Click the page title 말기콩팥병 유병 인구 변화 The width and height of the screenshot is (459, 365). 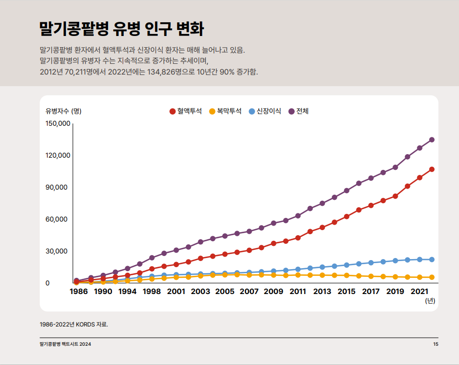[121, 29]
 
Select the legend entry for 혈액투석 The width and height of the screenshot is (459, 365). [186, 111]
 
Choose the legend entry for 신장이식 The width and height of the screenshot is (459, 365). [265, 111]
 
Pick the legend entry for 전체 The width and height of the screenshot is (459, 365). [299, 111]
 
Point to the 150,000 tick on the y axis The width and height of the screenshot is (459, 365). [57, 123]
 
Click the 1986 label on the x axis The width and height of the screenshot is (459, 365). [79, 291]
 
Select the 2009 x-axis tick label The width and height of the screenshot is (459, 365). [273, 291]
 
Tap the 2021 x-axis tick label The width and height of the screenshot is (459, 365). [419, 291]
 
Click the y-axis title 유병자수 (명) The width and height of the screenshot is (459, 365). [63, 111]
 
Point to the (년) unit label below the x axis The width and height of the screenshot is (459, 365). [430, 301]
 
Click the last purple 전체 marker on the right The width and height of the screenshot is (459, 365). [432, 139]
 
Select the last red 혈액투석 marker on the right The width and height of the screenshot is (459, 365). [432, 169]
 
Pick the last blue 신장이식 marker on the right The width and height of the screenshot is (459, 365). [432, 260]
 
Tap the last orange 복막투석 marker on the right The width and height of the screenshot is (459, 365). [432, 277]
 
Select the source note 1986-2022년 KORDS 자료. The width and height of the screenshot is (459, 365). [74, 324]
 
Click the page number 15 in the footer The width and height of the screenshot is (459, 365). [436, 345]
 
